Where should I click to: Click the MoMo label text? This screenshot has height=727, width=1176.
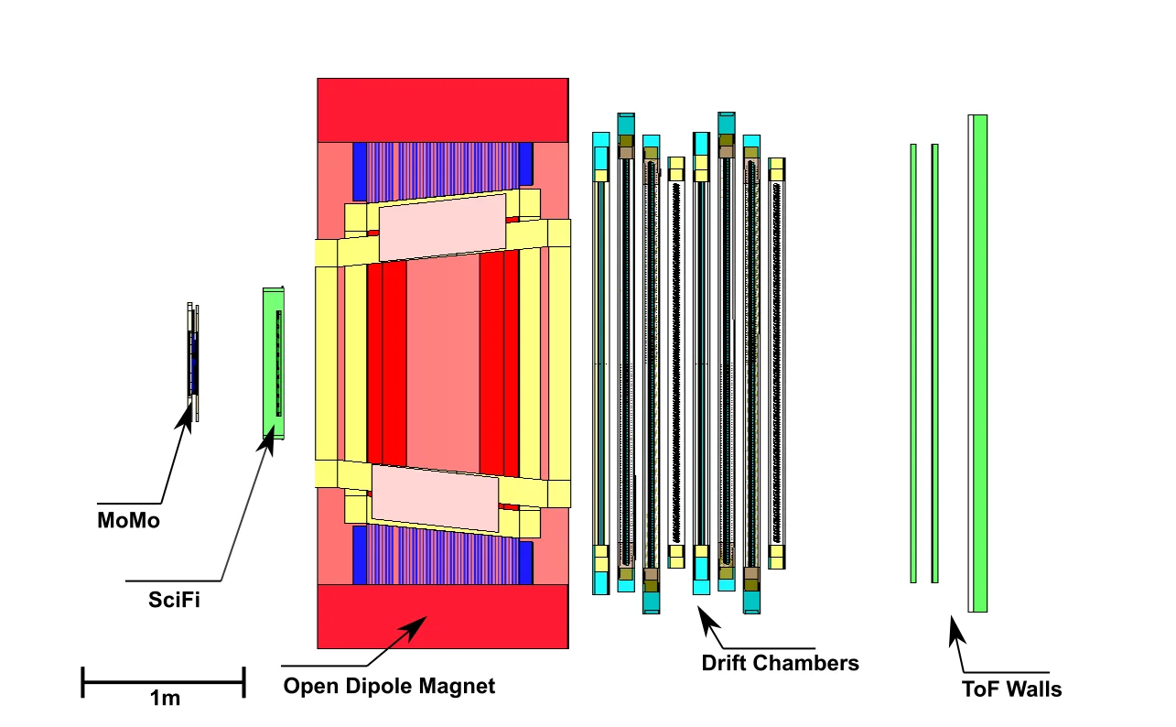tap(128, 522)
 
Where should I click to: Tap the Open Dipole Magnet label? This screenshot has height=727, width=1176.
tap(389, 686)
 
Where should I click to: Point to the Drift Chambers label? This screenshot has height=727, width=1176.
tap(781, 663)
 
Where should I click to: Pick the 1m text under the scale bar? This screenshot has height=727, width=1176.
tap(165, 700)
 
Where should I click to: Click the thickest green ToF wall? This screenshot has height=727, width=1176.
tap(980, 363)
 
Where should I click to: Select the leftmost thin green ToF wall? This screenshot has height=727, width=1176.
tap(913, 363)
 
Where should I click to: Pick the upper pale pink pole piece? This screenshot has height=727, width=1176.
tap(443, 227)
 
